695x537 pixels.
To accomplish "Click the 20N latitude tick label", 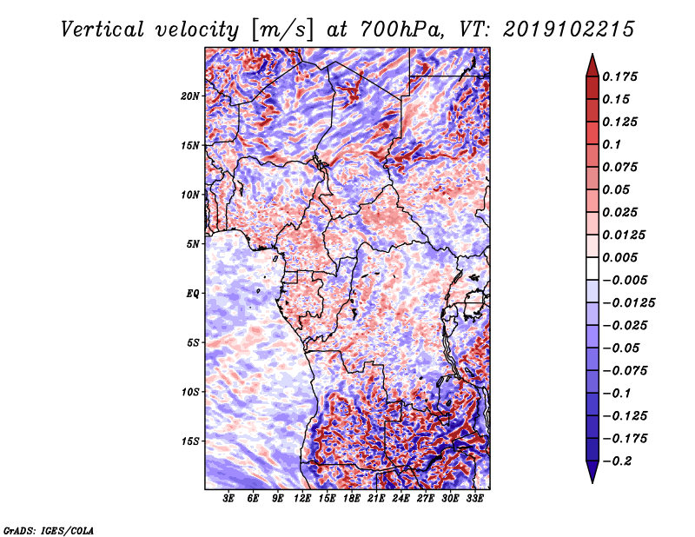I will pyautogui.click(x=190, y=96).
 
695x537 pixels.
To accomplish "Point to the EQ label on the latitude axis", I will pyautogui.click(x=193, y=293).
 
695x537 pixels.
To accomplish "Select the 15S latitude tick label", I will pyautogui.click(x=190, y=441).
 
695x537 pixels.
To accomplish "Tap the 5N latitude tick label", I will pyautogui.click(x=193, y=243).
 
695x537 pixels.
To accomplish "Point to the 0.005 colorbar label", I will pyautogui.click(x=623, y=257).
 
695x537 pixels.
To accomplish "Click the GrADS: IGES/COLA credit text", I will pyautogui.click(x=48, y=529).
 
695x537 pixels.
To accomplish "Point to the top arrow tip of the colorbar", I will pyautogui.click(x=591, y=56).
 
